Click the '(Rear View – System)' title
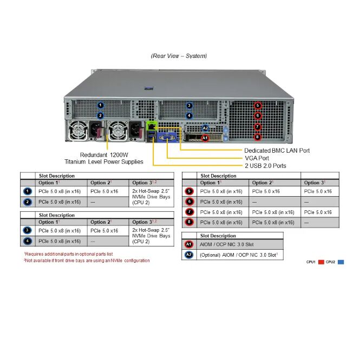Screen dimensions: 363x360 pyautogui.click(x=179, y=56)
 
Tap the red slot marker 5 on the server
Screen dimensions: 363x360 pyautogui.click(x=258, y=106)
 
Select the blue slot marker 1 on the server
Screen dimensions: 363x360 pyautogui.click(x=100, y=105)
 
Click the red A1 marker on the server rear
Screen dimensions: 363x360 pyautogui.click(x=205, y=138)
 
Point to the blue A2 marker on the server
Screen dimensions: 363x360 pyautogui.click(x=205, y=129)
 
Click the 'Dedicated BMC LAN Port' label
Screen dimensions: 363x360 pyautogui.click(x=277, y=150)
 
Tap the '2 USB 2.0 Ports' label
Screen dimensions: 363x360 pyautogui.click(x=266, y=165)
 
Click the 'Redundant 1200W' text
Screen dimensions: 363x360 pyautogui.click(x=104, y=154)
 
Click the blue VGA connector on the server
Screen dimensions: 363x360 pyautogui.click(x=168, y=137)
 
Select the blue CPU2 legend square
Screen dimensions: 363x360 pyautogui.click(x=341, y=262)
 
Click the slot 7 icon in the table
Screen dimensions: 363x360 pyautogui.click(x=189, y=212)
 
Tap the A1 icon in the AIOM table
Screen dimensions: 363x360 pyautogui.click(x=189, y=245)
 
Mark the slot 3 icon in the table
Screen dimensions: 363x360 pyautogui.click(x=28, y=230)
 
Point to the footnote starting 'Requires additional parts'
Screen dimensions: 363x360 pyautogui.click(x=68, y=254)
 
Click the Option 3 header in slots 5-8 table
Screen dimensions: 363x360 pyautogui.click(x=315, y=183)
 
